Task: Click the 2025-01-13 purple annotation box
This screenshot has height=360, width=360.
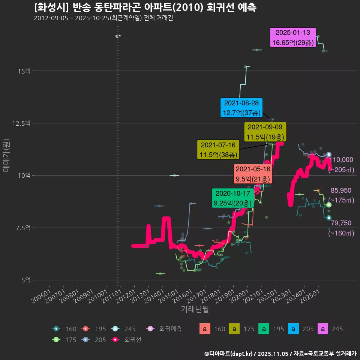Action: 293,37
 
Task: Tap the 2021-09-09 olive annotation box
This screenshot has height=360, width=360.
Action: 265,132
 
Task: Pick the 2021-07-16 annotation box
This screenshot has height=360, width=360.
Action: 218,150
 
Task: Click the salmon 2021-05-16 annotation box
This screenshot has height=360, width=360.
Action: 253,174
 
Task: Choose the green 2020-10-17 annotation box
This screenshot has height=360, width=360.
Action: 231,198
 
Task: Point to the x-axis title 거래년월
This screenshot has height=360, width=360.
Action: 195,309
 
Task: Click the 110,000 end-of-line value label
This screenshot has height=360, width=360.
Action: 342,160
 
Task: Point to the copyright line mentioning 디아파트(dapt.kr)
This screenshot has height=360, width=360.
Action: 280,353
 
